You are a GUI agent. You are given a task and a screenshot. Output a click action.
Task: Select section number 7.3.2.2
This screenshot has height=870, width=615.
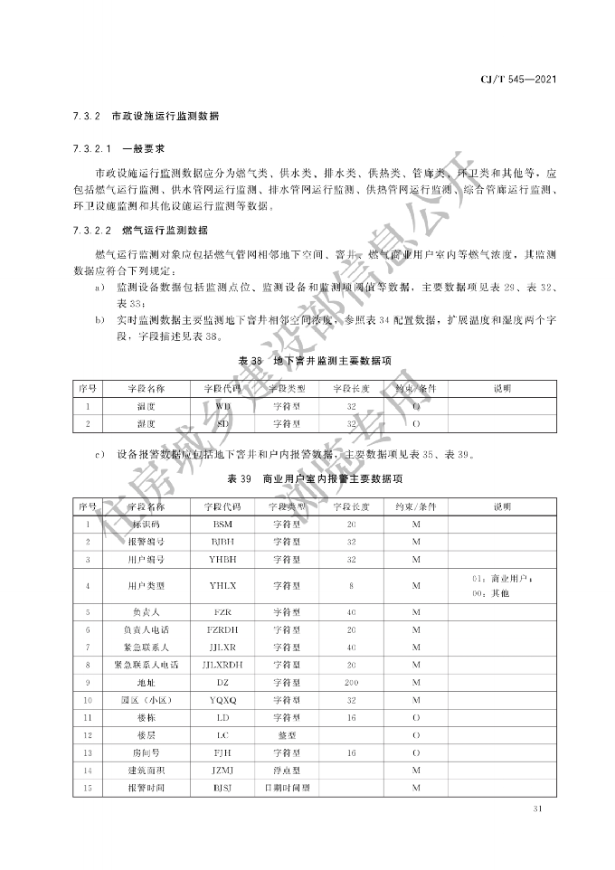point(90,231)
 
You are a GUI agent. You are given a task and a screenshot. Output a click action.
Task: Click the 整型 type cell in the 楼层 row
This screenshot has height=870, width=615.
point(287,735)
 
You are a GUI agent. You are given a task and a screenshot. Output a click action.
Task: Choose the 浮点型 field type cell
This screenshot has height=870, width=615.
point(287,771)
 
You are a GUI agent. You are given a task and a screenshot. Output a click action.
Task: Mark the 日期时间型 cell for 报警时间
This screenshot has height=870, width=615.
point(287,789)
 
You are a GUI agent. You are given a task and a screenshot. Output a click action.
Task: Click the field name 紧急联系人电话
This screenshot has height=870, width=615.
point(140,664)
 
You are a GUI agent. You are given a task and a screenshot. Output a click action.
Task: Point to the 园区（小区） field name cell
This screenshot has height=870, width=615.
point(140,700)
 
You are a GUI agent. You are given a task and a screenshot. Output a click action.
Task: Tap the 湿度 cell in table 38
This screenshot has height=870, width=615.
point(140,423)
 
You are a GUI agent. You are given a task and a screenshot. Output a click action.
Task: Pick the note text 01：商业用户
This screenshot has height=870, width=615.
point(502,578)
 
